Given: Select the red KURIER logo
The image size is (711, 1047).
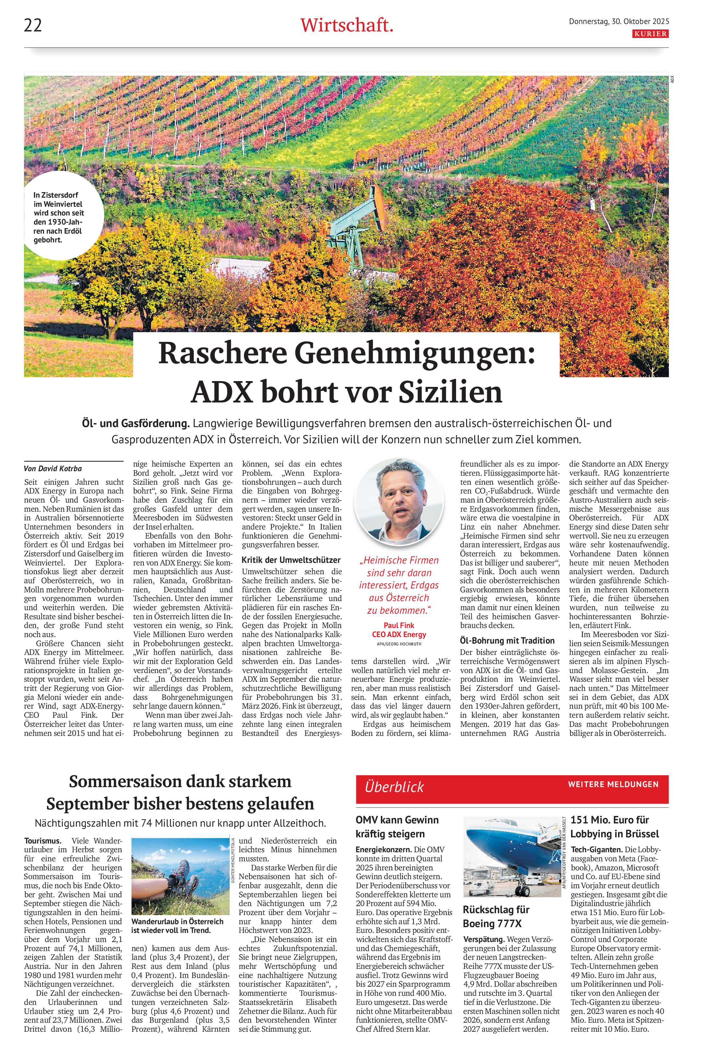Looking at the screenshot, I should pyautogui.click(x=651, y=34).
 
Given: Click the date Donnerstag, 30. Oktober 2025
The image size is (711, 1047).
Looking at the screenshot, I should pyautogui.click(x=619, y=21).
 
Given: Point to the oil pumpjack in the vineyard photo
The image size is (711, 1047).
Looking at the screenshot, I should pyautogui.click(x=356, y=221).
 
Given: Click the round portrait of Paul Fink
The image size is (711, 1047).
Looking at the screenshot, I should pyautogui.click(x=399, y=502).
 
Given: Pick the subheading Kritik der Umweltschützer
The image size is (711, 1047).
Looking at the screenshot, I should pyautogui.click(x=291, y=560).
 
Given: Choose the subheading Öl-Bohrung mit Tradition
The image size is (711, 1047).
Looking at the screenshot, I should pyautogui.click(x=507, y=640).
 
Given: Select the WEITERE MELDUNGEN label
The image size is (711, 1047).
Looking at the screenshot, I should pyautogui.click(x=613, y=784).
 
